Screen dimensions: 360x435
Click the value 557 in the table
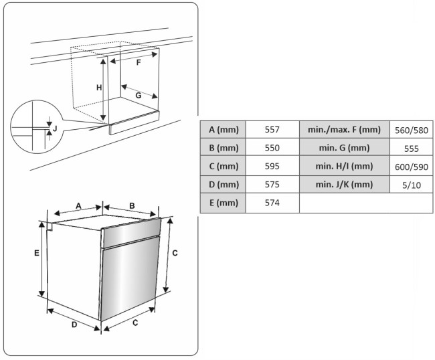coord(272,129)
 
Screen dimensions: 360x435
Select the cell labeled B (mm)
coord(223,147)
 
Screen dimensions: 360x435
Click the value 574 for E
coord(272,202)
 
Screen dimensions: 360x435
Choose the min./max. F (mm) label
coord(344,129)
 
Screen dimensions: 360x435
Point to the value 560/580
coord(412,129)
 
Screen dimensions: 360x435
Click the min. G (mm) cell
coord(344,147)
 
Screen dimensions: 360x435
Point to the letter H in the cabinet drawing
coord(98,88)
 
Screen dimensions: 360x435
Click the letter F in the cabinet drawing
coord(138,62)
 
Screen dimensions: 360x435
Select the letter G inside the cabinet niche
coord(137,96)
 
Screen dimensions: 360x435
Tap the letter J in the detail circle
coord(55,127)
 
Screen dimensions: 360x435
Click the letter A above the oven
coord(78,205)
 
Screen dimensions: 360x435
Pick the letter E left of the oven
coord(37,253)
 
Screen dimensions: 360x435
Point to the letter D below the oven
coord(75,325)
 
